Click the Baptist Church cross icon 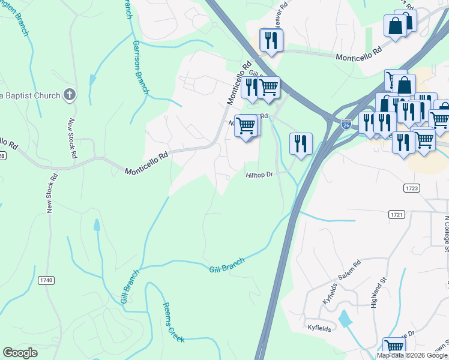tap(70, 95)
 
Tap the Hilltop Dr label tap(259, 175)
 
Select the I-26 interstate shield tap(346, 124)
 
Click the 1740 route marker tap(46, 280)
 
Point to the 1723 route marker tap(411, 188)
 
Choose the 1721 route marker tap(396, 214)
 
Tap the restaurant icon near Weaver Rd tap(271, 40)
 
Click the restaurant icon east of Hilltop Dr tap(300, 143)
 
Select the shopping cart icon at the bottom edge tap(394, 347)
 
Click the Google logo tap(20, 353)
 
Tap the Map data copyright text tap(412, 355)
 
